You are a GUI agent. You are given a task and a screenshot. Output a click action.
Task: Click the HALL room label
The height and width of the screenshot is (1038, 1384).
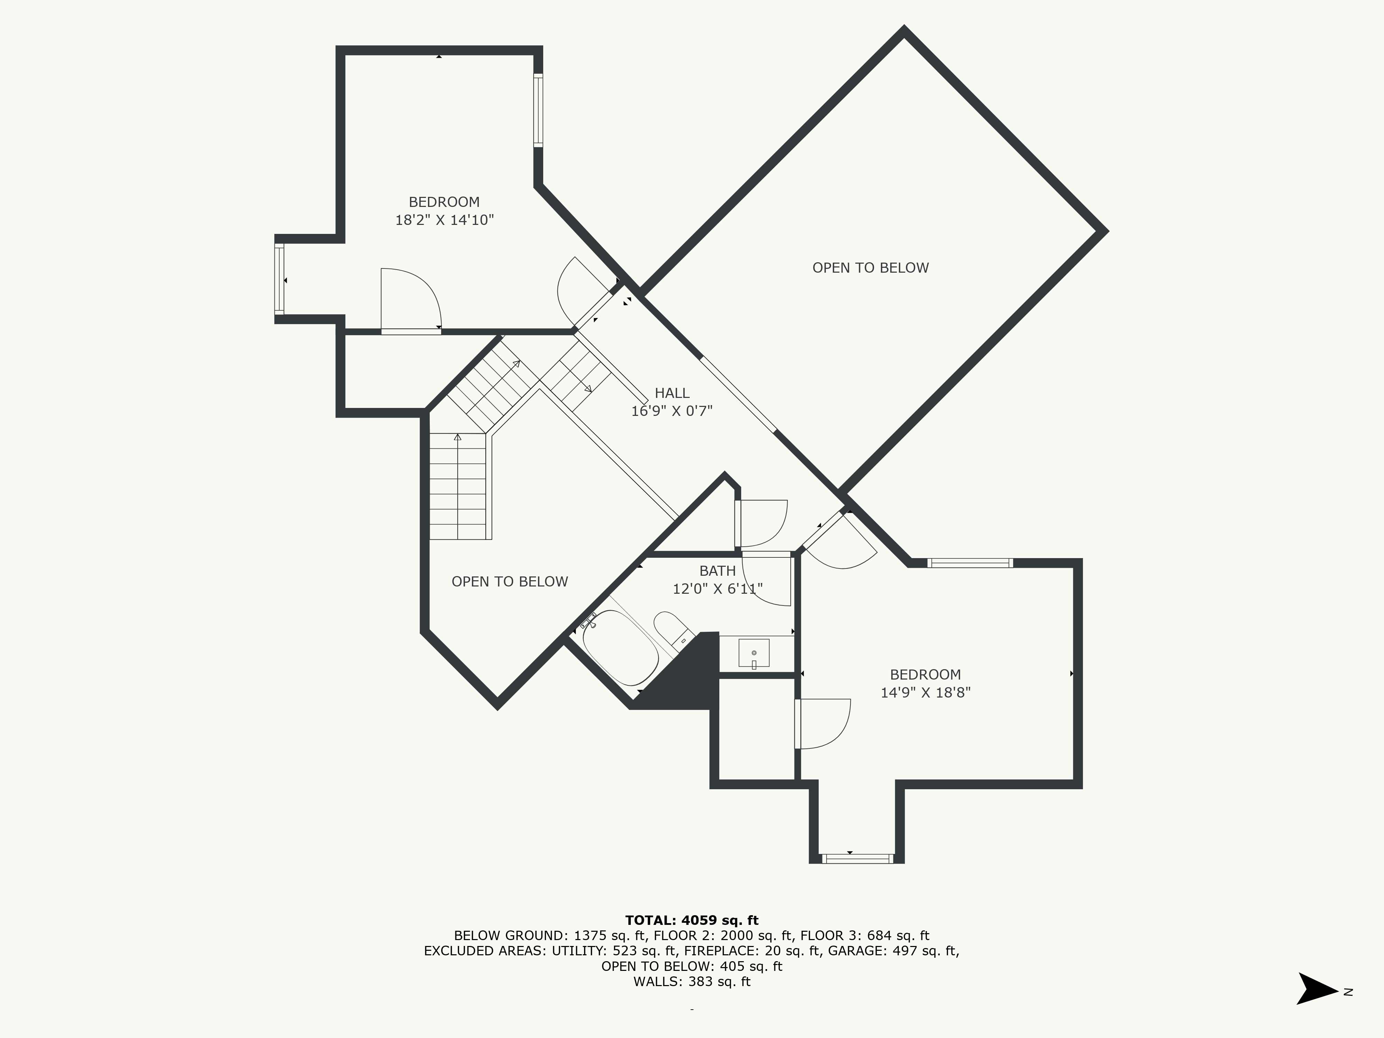pos(672,393)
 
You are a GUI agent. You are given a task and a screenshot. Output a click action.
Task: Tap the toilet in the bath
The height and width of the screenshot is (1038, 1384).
pos(673,630)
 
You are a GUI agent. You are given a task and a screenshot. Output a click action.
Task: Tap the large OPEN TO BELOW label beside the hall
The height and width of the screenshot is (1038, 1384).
pos(870,268)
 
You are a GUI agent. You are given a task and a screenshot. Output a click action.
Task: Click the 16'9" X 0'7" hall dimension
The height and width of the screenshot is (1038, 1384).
pos(672,411)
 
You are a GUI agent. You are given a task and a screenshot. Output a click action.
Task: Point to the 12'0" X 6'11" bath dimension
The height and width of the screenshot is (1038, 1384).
pos(718,589)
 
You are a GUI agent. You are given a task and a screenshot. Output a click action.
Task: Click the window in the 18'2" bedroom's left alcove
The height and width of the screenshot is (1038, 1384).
pos(279,279)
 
